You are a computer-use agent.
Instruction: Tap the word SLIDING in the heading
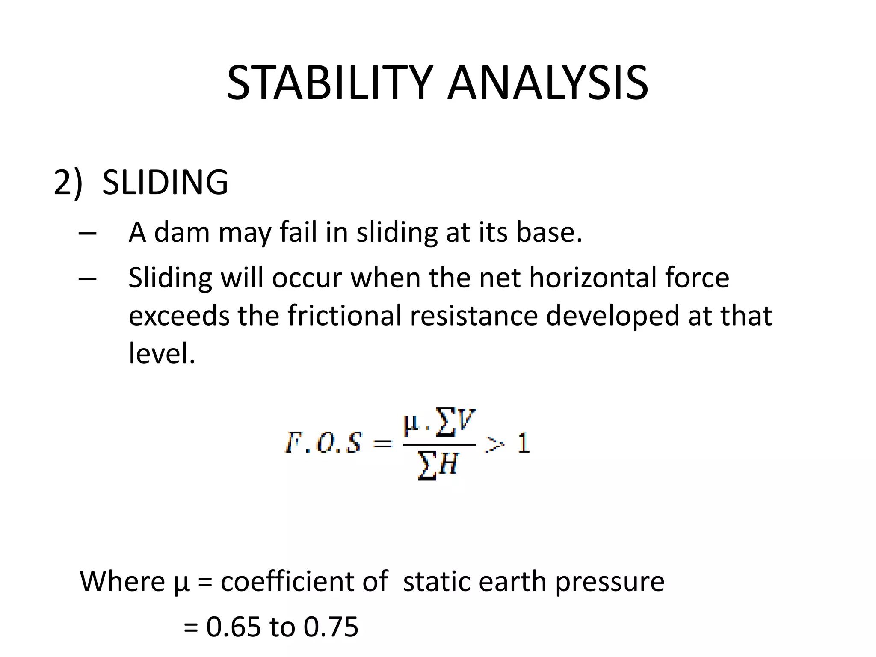coord(165,183)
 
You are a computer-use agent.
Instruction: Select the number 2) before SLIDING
coord(68,183)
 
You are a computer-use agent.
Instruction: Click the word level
coord(162,353)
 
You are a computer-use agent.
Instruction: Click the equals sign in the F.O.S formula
coord(382,444)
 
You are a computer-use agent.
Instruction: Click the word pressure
coord(610,583)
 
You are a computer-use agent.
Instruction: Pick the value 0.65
coord(234,627)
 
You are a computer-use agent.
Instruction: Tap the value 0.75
coord(331,627)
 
